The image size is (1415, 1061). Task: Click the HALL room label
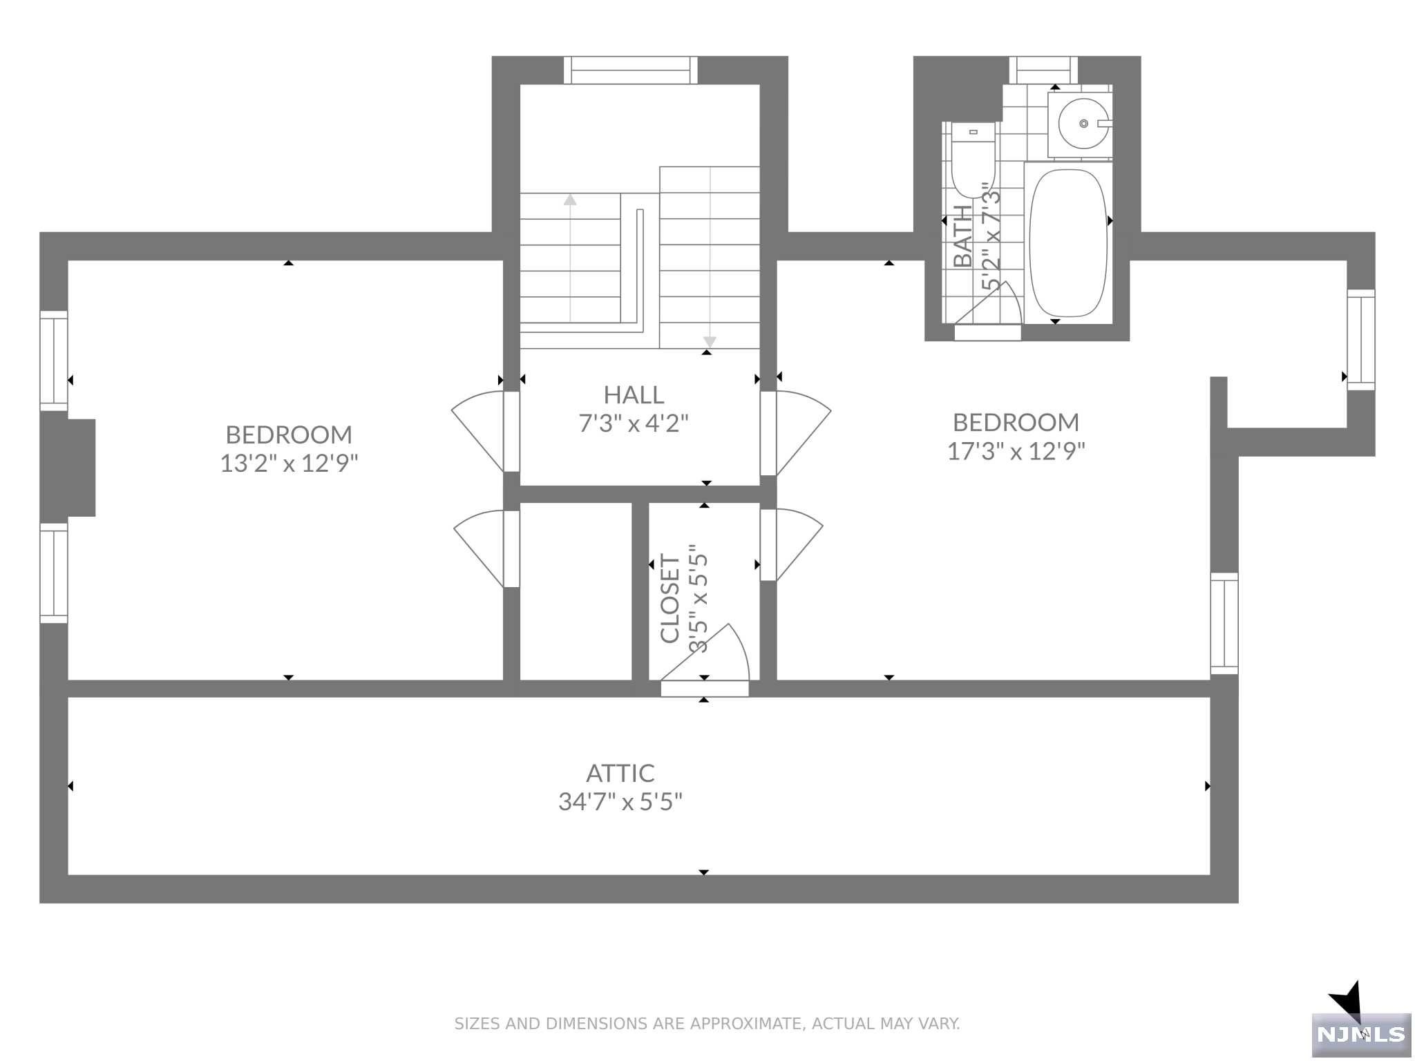coord(634,394)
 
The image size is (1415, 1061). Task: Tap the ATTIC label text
coord(620,773)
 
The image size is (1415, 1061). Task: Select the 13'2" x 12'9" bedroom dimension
coord(289,463)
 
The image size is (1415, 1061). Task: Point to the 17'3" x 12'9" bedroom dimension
coord(1016,451)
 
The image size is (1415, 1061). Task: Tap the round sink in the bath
coord(1081,124)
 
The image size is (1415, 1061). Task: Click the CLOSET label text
coord(670,598)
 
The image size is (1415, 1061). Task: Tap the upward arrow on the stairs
coord(570,200)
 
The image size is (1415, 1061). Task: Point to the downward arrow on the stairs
coord(710,342)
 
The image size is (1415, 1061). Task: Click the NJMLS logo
coord(1360,1033)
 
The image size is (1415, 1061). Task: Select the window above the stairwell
coord(630,70)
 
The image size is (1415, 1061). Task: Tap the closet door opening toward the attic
coord(712,656)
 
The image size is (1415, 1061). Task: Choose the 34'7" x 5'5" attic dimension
coord(620,802)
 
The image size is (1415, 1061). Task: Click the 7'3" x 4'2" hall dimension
coord(634,423)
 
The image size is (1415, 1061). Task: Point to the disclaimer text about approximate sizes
coord(707,1023)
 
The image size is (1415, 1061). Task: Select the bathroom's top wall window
coord(1043,70)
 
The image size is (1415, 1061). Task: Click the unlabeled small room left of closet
coord(576,591)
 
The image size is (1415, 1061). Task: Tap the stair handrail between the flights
coord(640,266)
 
